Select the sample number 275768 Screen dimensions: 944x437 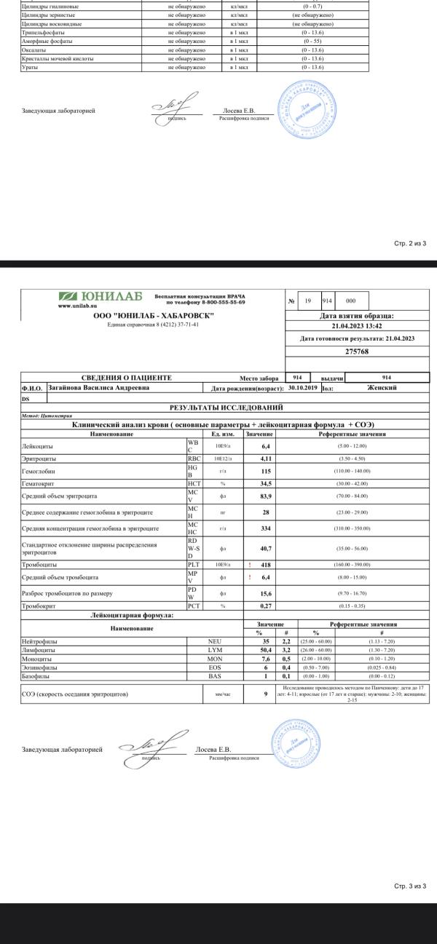[x=357, y=352]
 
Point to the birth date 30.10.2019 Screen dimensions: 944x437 [x=304, y=388]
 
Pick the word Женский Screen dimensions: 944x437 [x=382, y=388]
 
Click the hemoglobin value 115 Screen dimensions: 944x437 [x=266, y=472]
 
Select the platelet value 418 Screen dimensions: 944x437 [x=266, y=563]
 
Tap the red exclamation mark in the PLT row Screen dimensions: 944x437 [x=250, y=563]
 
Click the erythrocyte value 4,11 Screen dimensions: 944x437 [x=266, y=459]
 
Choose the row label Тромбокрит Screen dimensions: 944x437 [x=39, y=606]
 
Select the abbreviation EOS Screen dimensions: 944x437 [x=215, y=667]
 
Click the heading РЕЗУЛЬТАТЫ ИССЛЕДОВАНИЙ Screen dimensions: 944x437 [x=227, y=407]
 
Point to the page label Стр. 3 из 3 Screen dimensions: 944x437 [x=410, y=886]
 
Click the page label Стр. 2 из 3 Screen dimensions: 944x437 [x=410, y=243]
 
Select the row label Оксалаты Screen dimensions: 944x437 [x=34, y=49]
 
